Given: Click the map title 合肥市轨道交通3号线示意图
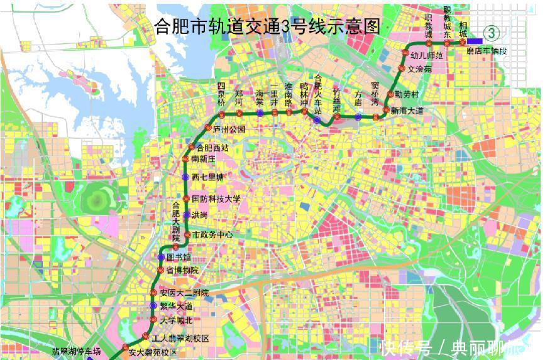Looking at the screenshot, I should click(x=267, y=26).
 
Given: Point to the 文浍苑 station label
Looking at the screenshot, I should click(x=420, y=69).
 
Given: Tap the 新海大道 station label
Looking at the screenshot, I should click(x=407, y=111).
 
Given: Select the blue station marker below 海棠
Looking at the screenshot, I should click(x=260, y=113).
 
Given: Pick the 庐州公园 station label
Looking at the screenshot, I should click(x=229, y=129).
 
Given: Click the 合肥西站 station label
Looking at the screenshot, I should click(x=212, y=148).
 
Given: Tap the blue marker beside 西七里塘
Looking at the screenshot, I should click(x=185, y=177).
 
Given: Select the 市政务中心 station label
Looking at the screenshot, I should click(x=212, y=234).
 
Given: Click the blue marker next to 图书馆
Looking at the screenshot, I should click(x=161, y=257).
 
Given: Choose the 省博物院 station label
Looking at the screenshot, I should click(x=182, y=270).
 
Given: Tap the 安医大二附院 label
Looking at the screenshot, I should click(x=184, y=293).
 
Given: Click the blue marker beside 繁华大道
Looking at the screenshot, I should click(x=153, y=306).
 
